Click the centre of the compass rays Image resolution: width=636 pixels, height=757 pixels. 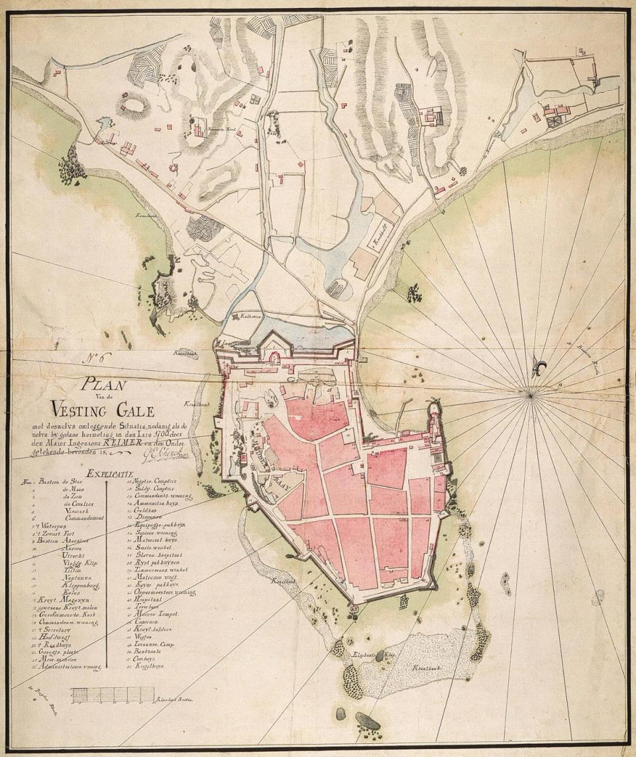tap(530, 395)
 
